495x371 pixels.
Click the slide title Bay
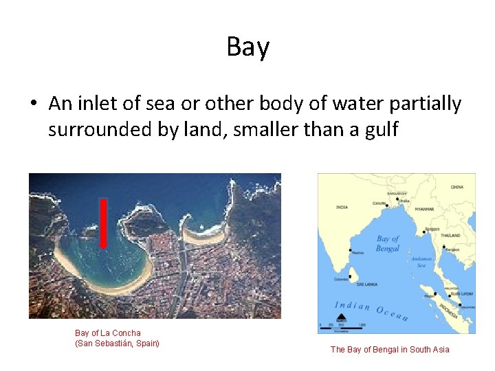coord(247,47)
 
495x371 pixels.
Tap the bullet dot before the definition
coord(33,104)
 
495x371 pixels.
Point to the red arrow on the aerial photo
coord(103,223)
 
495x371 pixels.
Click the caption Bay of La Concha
coord(108,333)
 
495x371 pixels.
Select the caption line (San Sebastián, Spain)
coord(117,343)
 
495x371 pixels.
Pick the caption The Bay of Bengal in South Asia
coord(390,350)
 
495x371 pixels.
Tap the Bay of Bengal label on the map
coord(388,243)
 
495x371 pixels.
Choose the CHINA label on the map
coord(456,187)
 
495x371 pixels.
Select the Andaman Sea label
coord(422,262)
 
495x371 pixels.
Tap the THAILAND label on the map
coord(451,234)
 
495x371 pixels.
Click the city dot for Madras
coord(351,249)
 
